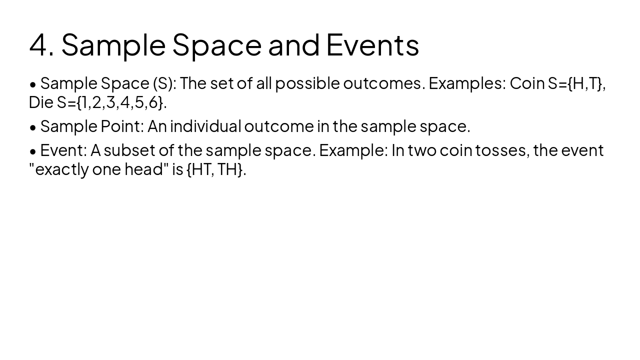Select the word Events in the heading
pyautogui.click(x=372, y=44)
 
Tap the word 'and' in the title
pyautogui.click(x=294, y=44)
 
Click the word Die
pyautogui.click(x=41, y=102)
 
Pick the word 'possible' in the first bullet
pyautogui.click(x=307, y=83)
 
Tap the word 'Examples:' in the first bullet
pyautogui.click(x=467, y=83)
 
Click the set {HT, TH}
pyautogui.click(x=216, y=169)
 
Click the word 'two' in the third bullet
pyautogui.click(x=422, y=150)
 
